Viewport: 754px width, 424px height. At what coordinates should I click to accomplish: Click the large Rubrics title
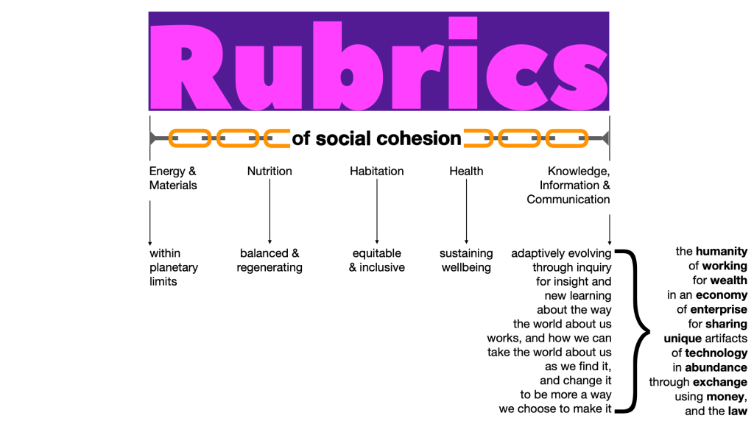click(378, 62)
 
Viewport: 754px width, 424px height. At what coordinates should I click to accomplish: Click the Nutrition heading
click(269, 172)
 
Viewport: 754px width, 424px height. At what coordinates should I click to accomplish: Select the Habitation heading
click(377, 172)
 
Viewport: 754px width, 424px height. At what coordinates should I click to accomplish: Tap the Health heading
click(466, 172)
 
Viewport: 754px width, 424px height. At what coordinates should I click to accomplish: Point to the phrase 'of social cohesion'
click(376, 138)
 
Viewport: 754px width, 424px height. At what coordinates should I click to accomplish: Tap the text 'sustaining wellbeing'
click(466, 261)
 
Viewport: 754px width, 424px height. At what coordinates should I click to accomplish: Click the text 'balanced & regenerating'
click(269, 261)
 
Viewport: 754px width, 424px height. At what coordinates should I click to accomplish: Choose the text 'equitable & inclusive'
click(377, 261)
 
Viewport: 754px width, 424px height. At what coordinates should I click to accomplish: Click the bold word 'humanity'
click(721, 252)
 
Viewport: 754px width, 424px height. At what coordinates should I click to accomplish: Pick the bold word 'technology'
click(716, 353)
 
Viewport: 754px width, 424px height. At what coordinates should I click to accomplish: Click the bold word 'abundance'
click(716, 367)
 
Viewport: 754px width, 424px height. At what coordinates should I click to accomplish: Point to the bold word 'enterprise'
click(719, 310)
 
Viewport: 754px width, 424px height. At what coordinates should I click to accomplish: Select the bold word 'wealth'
click(728, 280)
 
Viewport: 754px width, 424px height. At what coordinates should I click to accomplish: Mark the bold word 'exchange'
click(719, 382)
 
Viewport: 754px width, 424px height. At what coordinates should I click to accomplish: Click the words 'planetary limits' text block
click(174, 275)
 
